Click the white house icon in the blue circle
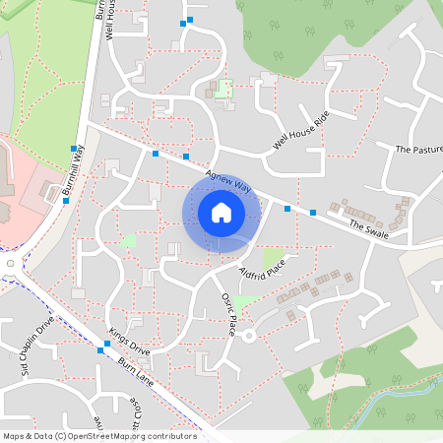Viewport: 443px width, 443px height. click(221, 212)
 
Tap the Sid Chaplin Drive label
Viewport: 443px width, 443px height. click(32, 347)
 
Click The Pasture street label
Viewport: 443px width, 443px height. click(418, 150)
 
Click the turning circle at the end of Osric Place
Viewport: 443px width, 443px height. click(249, 337)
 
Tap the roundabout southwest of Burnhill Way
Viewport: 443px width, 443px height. click(10, 264)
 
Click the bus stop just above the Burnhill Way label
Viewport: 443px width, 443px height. click(74, 149)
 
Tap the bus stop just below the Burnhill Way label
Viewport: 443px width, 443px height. click(66, 201)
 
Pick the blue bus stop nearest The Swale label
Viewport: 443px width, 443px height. click(313, 213)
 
